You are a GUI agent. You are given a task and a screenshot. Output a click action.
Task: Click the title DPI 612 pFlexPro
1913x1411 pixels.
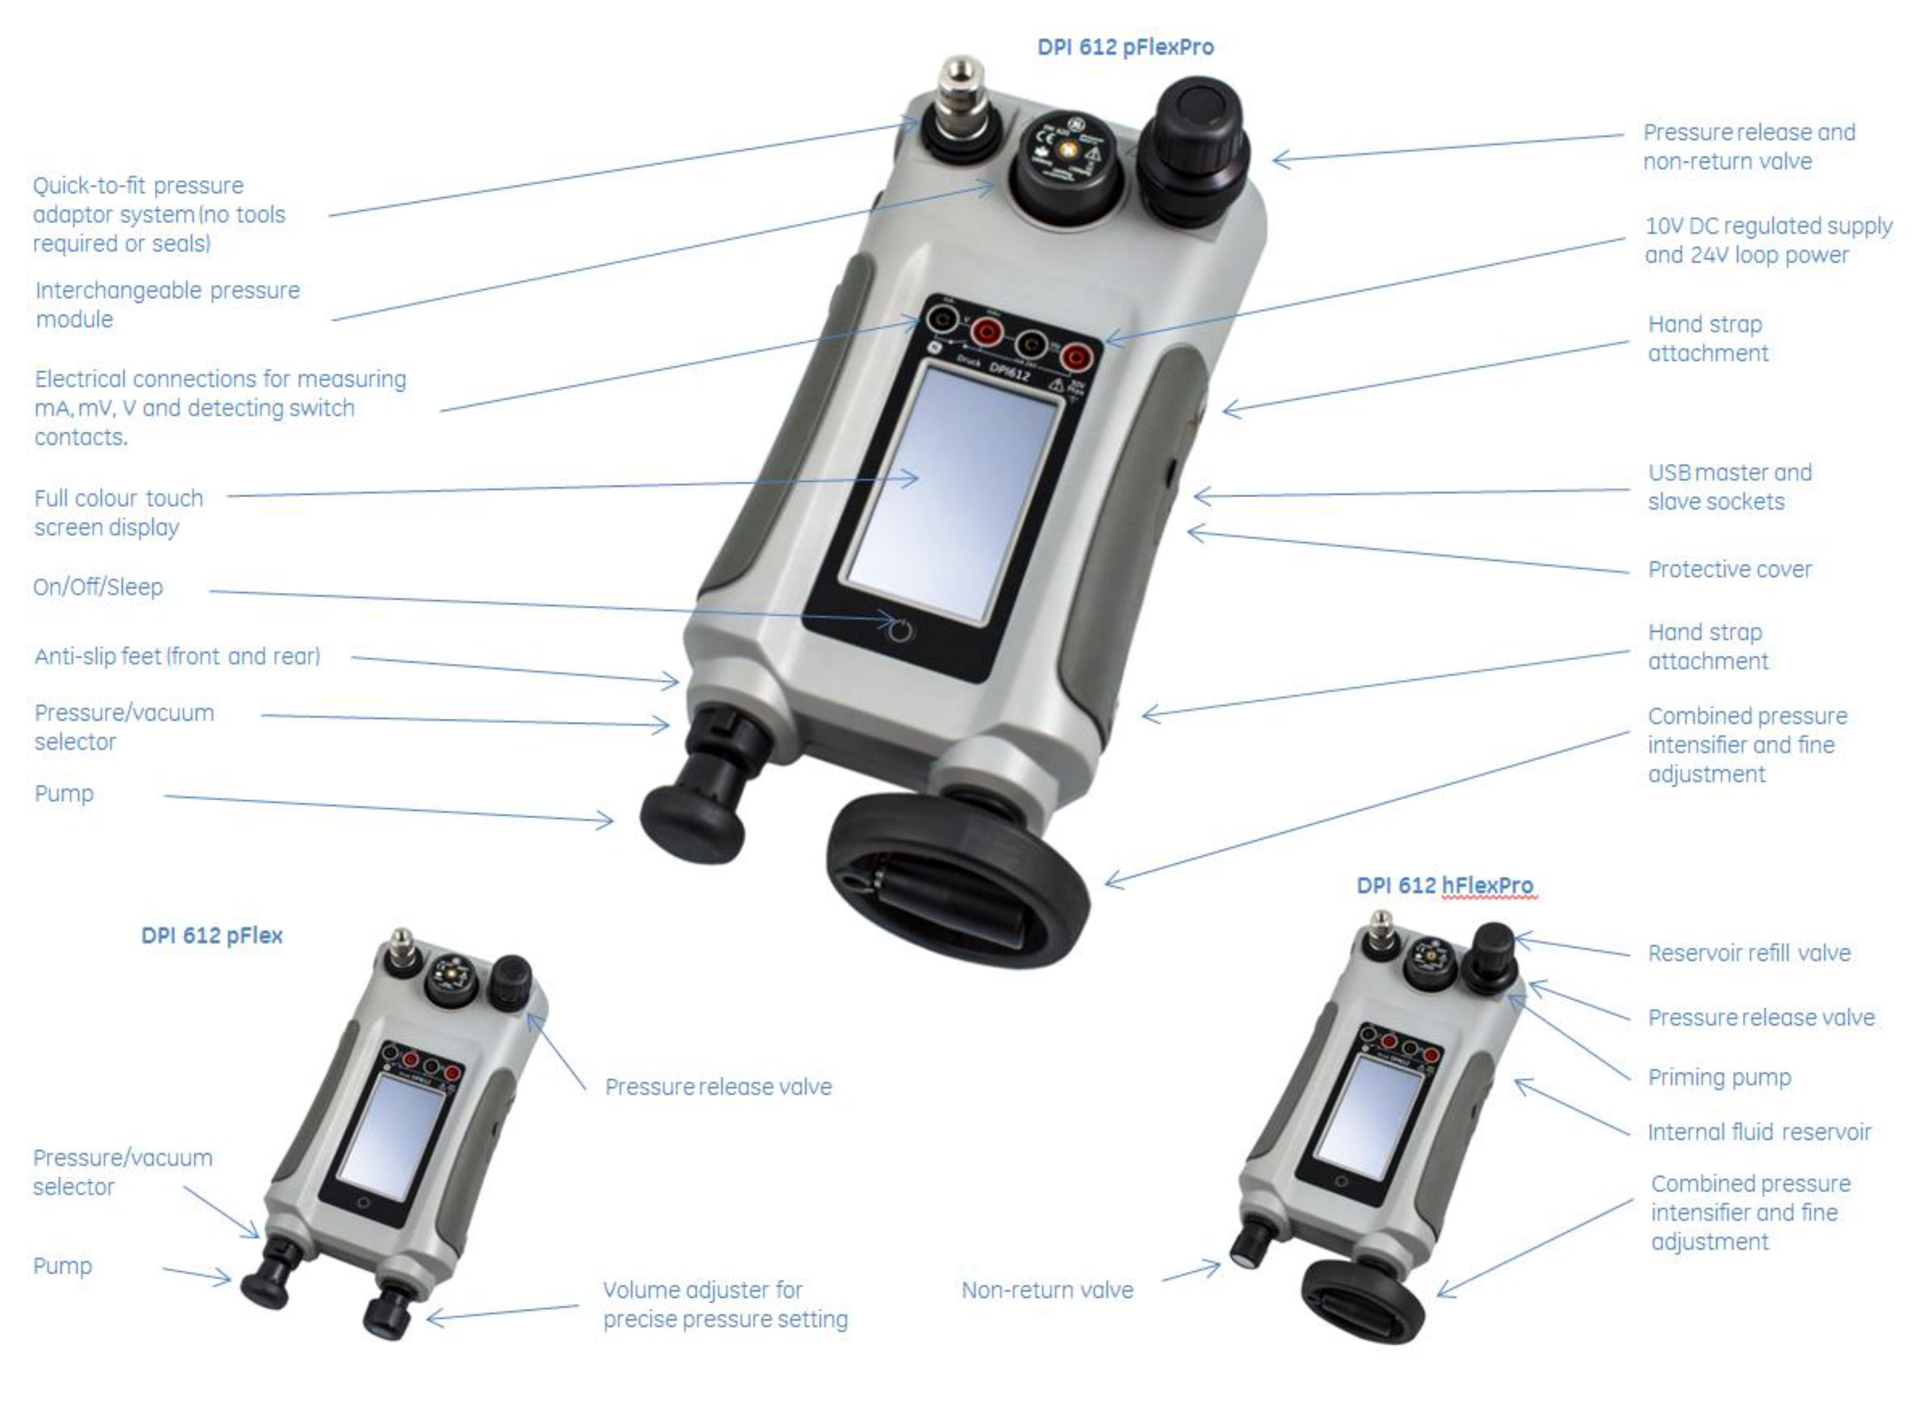coord(1125,47)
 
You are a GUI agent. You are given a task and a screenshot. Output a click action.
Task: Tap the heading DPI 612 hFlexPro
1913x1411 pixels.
coord(1444,886)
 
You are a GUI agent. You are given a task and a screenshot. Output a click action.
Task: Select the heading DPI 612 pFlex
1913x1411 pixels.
coord(212,936)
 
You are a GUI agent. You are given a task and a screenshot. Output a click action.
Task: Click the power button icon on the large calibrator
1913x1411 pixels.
coord(900,631)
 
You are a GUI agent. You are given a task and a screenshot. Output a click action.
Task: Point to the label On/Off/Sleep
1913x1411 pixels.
coord(98,588)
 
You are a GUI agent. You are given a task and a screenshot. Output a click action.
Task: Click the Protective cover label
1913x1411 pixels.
coord(1729,570)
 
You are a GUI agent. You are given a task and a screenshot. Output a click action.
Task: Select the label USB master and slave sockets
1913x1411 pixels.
coord(1729,487)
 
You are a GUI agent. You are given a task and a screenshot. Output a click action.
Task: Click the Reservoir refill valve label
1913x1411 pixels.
coord(1749,953)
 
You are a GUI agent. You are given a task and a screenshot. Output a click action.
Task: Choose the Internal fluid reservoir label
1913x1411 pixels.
coord(1759,1133)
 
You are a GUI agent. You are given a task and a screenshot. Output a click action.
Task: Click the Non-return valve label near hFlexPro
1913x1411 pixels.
coord(1047,1290)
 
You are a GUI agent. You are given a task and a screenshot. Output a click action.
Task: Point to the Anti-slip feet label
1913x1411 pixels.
coord(178,657)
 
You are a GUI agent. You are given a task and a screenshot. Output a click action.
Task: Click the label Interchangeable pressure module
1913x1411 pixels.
coord(167,305)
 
